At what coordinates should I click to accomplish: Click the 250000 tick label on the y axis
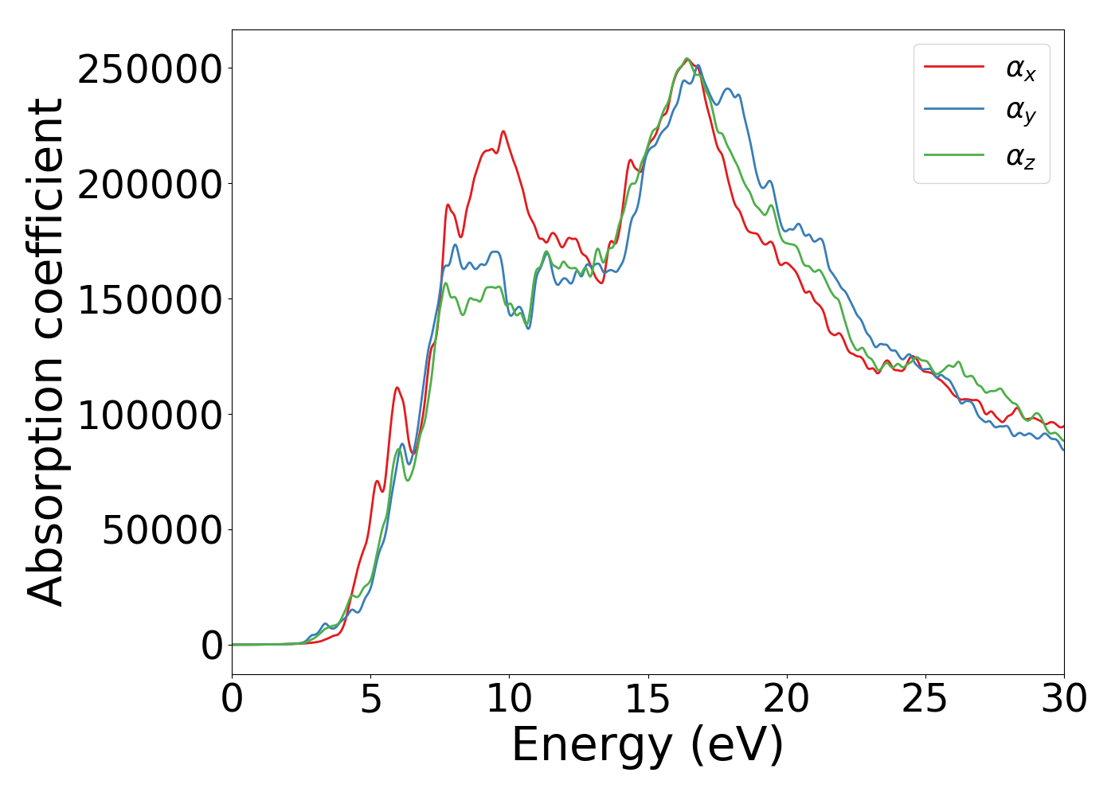149,69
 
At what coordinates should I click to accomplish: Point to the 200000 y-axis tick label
149,185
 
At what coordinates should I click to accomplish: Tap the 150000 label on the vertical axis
149,300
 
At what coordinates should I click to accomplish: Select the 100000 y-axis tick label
149,416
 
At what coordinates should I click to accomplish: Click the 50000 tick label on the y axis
162,531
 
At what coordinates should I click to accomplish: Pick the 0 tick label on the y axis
212,646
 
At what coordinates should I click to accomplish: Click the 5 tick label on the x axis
371,700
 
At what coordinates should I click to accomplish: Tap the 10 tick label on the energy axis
510,700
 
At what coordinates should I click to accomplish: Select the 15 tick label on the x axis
648,700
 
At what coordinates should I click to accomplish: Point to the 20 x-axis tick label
787,700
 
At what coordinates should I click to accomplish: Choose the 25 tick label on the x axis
925,700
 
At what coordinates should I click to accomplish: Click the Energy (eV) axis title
647,746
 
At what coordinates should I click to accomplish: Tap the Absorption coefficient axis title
46,353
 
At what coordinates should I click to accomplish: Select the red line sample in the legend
954,67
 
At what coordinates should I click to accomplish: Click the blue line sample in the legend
954,111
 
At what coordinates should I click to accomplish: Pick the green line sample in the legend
954,154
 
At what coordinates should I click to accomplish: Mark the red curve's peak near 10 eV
503,131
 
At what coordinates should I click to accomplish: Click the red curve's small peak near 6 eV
397,388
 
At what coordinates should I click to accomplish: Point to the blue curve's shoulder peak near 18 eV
728,89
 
